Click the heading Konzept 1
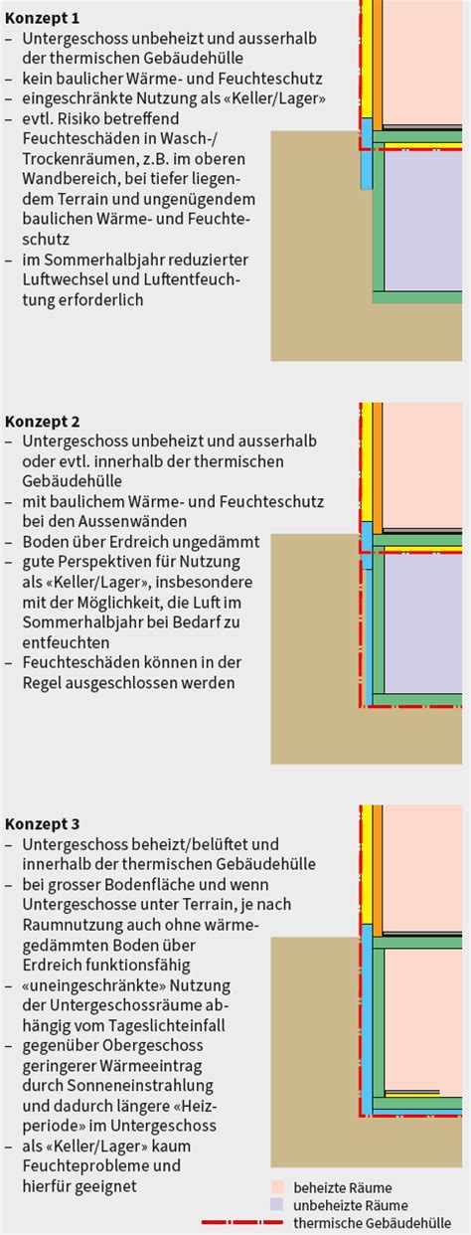43,19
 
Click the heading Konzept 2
43,422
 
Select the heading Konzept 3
43,824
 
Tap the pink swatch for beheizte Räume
277,1187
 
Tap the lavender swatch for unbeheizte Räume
277,1205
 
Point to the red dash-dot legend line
242,1223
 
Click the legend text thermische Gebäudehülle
373,1223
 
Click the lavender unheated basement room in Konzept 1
423,221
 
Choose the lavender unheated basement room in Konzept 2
423,623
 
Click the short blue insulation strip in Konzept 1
367,153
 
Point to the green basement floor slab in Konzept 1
417,297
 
